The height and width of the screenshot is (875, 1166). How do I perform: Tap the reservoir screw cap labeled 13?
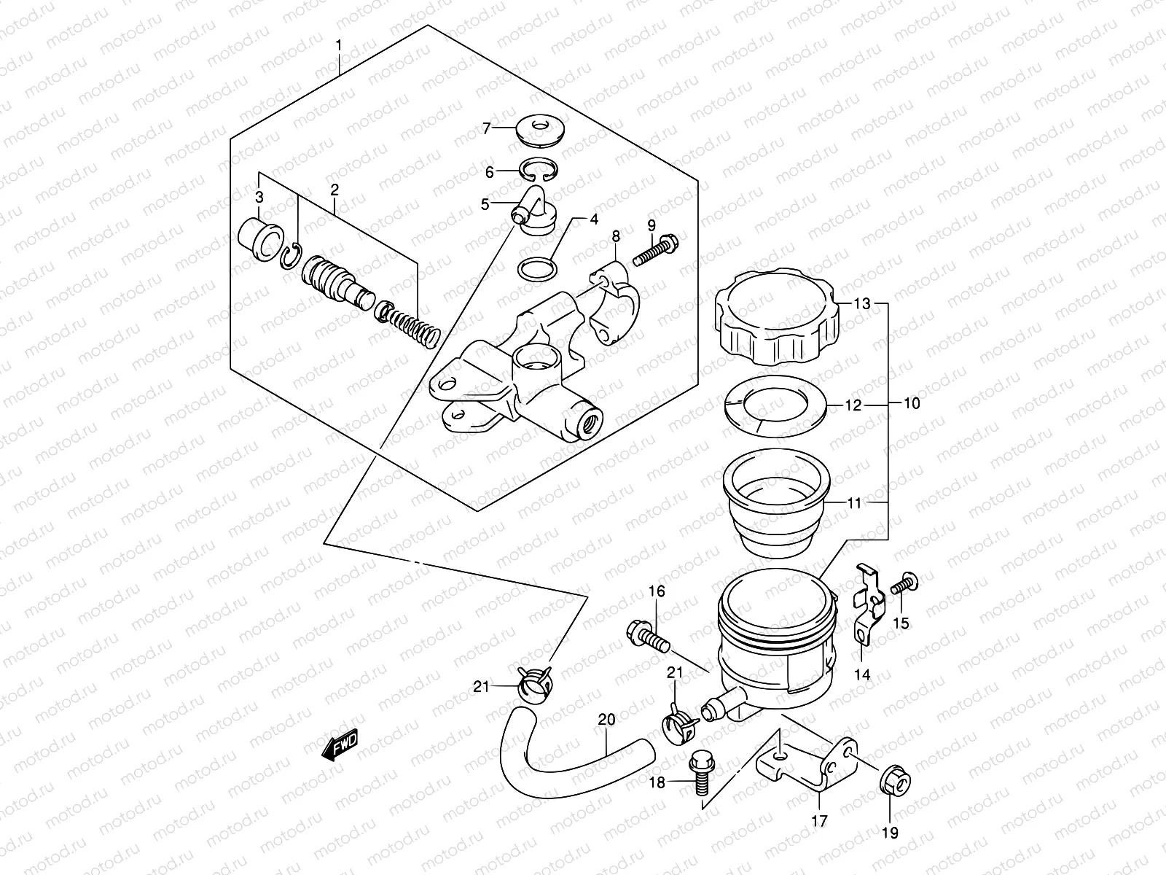pos(775,321)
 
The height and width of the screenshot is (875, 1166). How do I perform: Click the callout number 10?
pos(911,403)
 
